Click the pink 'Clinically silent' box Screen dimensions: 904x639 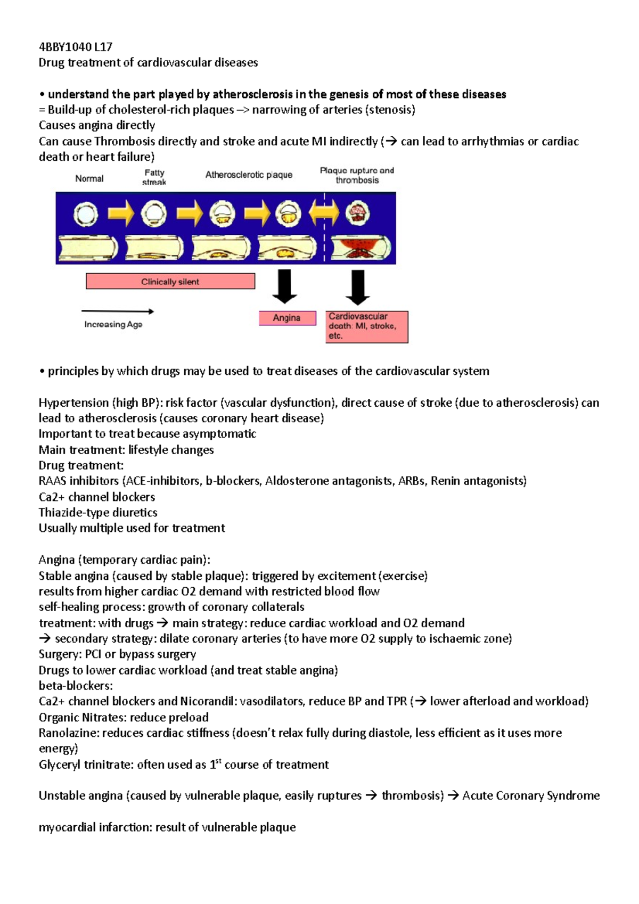[x=170, y=282]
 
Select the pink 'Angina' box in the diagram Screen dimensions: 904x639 [x=287, y=318]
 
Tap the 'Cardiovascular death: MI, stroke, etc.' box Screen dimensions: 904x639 [x=366, y=326]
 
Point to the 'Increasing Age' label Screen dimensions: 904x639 [x=113, y=324]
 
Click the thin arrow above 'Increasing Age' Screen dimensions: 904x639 [x=117, y=311]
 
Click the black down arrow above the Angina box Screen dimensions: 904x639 [x=285, y=286]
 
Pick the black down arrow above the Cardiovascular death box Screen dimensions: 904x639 [x=358, y=287]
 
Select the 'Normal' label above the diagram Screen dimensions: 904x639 [x=89, y=179]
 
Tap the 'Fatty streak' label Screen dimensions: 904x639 [x=154, y=177]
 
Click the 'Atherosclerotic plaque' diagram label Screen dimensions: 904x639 [x=249, y=175]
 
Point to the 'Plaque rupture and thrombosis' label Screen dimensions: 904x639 [x=357, y=175]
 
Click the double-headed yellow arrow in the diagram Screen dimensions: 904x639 [x=323, y=214]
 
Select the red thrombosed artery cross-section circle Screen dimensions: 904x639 [x=358, y=214]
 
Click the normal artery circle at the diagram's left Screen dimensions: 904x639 [x=86, y=215]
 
